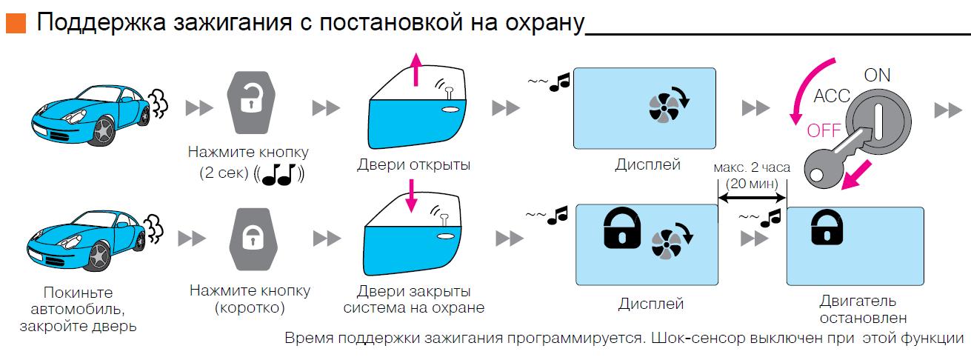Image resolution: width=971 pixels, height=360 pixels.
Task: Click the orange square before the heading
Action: coord(15,24)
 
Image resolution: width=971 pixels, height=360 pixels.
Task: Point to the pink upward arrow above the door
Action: coord(416,70)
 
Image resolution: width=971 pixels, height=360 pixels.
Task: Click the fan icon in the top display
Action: coord(664,109)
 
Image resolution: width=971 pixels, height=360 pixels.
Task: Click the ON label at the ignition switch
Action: coord(877,75)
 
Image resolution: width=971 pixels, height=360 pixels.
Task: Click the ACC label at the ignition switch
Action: coord(831,97)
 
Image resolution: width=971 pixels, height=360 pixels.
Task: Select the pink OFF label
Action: coord(824,131)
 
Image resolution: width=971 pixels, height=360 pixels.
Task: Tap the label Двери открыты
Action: coord(413,164)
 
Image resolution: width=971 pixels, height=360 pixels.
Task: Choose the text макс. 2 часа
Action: coord(751,168)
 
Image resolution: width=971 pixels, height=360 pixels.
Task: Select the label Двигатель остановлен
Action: coord(858,310)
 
